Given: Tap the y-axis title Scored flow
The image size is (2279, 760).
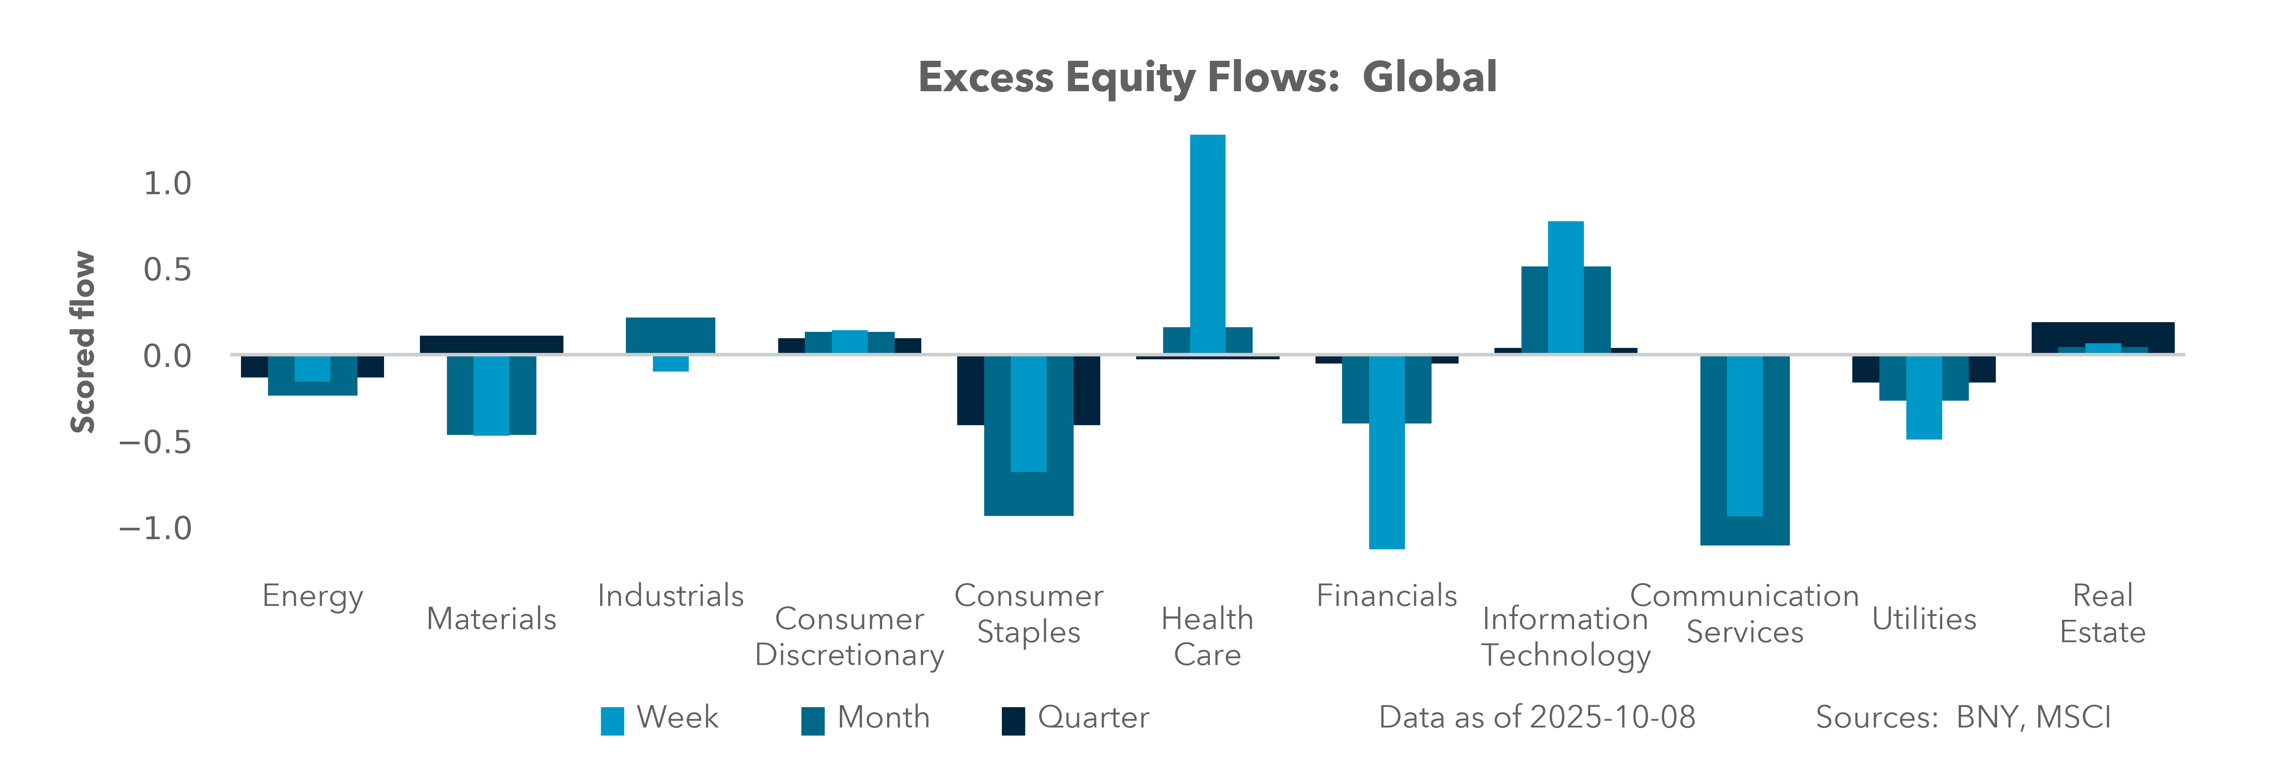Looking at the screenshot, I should click(x=82, y=342).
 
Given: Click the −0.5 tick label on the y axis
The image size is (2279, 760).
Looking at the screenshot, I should click(x=156, y=442).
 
